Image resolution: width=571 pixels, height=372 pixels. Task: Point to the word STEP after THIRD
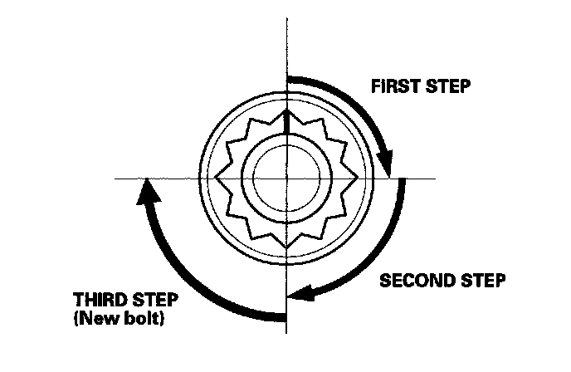[157, 300]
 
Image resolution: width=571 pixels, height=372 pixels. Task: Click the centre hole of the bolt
[285, 178]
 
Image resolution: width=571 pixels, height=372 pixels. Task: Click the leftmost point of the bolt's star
[215, 178]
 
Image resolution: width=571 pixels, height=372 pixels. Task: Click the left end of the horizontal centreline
[117, 178]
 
